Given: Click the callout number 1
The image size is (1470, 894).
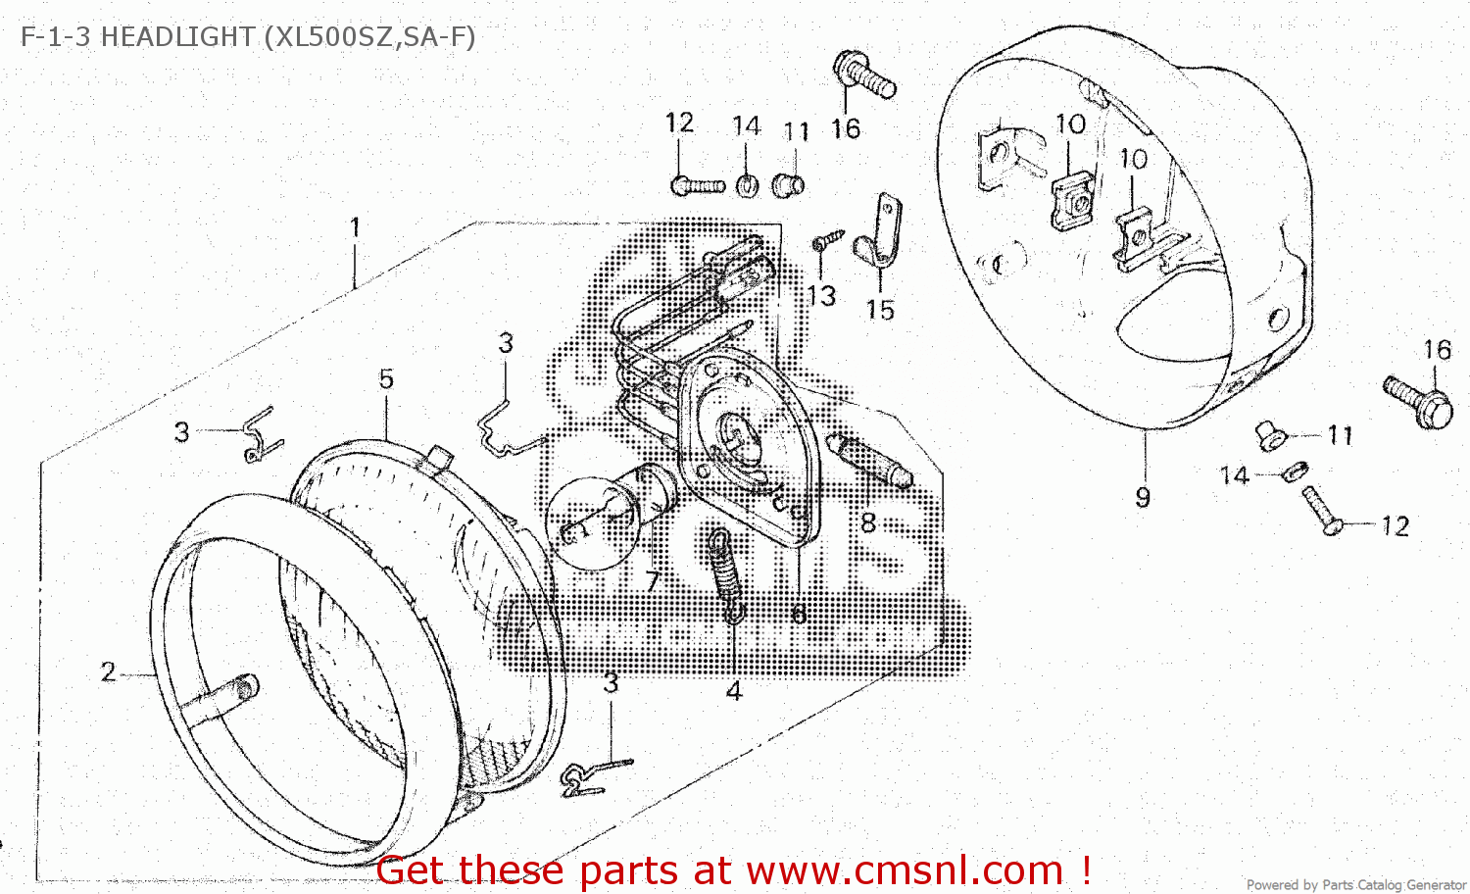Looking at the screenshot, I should [355, 227].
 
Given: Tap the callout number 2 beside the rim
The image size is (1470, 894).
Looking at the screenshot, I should [108, 672].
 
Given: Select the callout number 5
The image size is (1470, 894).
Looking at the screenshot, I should [386, 379].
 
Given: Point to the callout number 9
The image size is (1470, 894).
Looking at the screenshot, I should [1143, 498].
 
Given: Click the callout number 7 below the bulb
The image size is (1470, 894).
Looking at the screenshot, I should [652, 582].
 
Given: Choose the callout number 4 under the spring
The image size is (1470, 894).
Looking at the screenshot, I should [734, 691].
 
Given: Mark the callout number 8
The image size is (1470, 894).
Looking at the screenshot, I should [868, 523].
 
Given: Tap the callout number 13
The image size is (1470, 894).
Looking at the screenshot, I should [821, 295].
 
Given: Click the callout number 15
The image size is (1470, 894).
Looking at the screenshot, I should [880, 310].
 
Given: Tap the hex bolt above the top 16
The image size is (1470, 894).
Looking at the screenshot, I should [863, 74].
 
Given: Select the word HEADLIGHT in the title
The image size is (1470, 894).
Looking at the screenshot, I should [177, 37].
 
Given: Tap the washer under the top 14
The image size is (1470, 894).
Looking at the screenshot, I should [746, 184].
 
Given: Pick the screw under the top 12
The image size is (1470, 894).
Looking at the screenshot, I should [696, 184].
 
